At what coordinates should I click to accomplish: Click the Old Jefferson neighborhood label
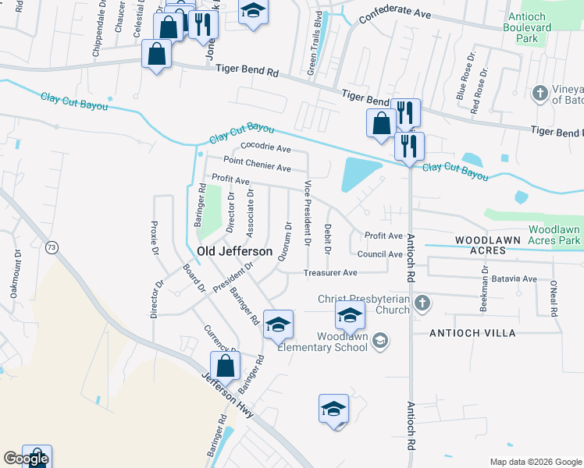[x=235, y=251]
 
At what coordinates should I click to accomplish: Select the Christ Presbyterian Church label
[x=364, y=304]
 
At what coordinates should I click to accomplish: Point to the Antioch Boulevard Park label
[x=532, y=27]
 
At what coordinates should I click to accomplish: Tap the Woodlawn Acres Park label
[x=554, y=235]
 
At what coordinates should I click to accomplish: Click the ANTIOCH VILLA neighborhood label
[x=472, y=333]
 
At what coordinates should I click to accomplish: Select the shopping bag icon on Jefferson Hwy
[x=225, y=366]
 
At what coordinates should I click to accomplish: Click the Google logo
[x=26, y=459]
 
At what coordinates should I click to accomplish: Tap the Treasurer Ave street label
[x=330, y=272]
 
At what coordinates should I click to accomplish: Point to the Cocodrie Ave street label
[x=265, y=147]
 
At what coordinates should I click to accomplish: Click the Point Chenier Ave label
[x=257, y=164]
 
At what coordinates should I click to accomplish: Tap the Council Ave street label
[x=379, y=253]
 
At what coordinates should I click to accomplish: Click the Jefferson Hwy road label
[x=227, y=397]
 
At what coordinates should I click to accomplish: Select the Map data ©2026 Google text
[x=536, y=462]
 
